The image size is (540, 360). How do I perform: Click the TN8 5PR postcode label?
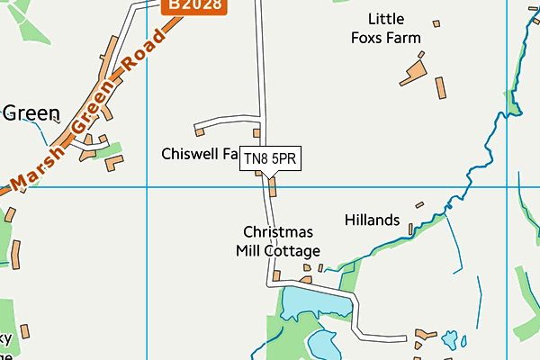pyautogui.click(x=269, y=159)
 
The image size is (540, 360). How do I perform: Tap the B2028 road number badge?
pyautogui.click(x=195, y=5)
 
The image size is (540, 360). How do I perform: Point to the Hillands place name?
pyautogui.click(x=372, y=220)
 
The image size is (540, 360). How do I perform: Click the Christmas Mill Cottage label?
pyautogui.click(x=278, y=241)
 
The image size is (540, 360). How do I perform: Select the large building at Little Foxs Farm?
pyautogui.click(x=414, y=71)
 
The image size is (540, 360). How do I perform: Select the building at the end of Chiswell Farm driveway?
pyautogui.click(x=199, y=132)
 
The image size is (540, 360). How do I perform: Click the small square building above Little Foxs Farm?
pyautogui.click(x=436, y=23)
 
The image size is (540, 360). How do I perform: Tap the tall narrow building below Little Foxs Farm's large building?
pyautogui.click(x=441, y=88)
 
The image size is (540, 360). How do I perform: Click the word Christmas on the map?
pyautogui.click(x=278, y=232)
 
